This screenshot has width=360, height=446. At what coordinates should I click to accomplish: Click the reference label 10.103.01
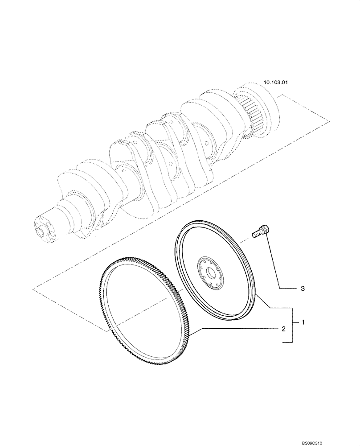276,83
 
